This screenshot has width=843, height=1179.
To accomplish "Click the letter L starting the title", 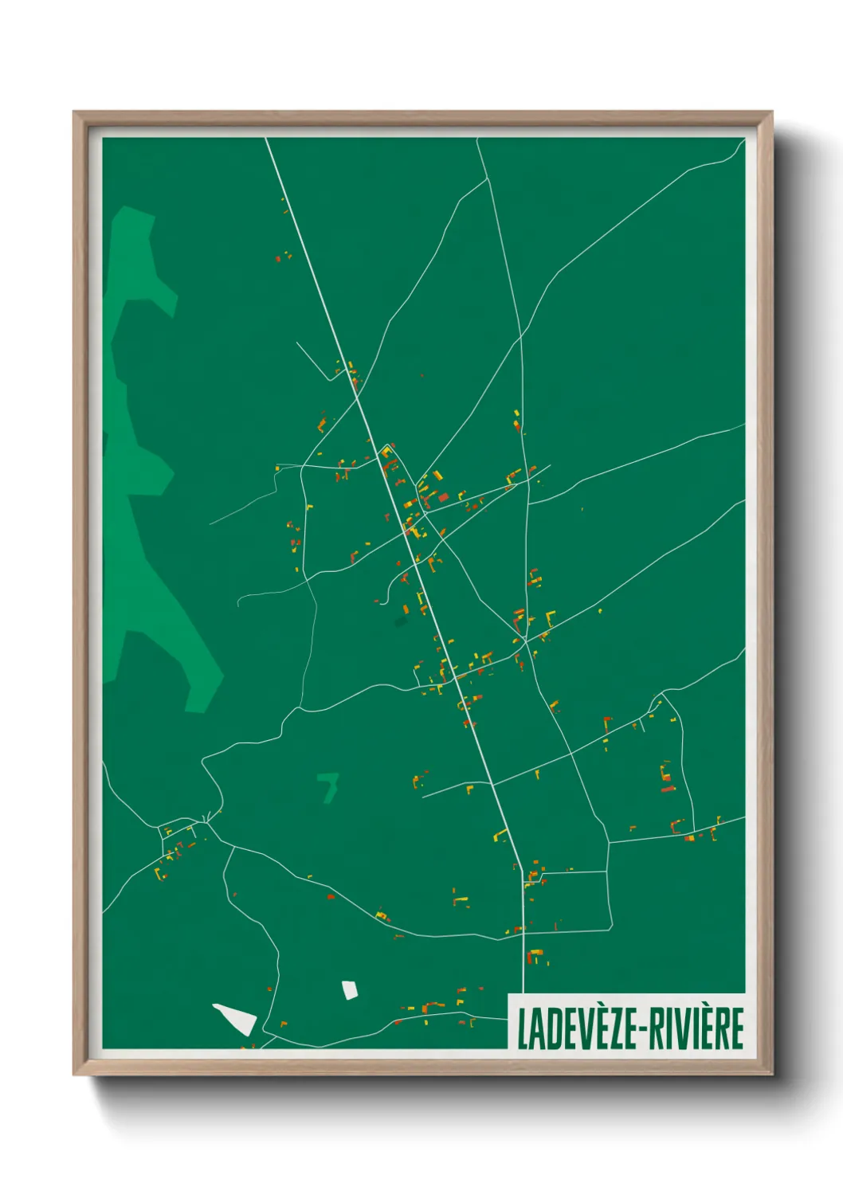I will tap(523, 1028).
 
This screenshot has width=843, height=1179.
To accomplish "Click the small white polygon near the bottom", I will tap(349, 990).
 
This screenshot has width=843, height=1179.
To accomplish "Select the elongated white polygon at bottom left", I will tap(236, 1018).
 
